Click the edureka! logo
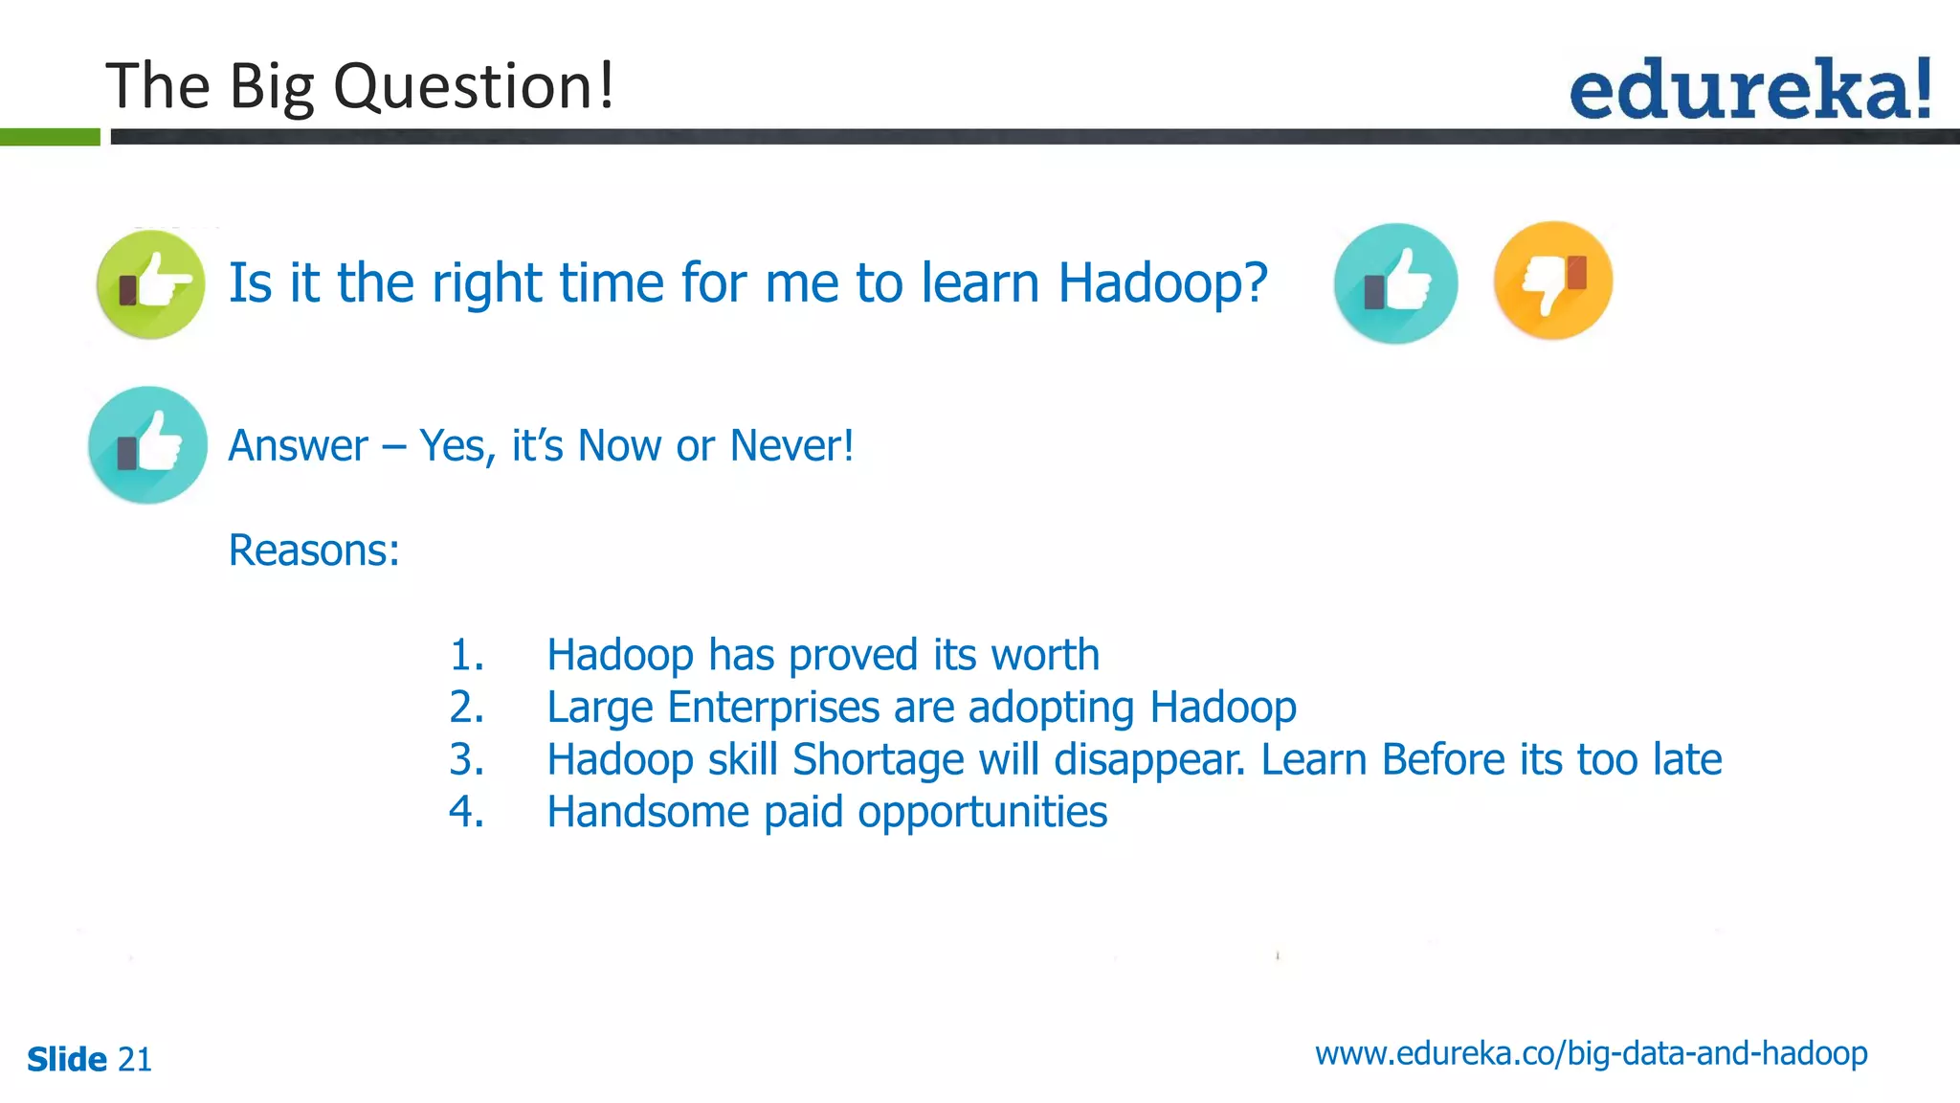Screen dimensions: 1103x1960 click(1749, 90)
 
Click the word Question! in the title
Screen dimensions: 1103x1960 click(473, 87)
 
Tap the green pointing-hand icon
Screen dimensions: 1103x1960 click(151, 284)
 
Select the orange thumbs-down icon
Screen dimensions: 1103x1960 click(1552, 281)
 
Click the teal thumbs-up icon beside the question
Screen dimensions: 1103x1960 click(1395, 283)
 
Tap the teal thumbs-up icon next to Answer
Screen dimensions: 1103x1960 click(148, 445)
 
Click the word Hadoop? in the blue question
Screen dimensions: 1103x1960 click(1162, 283)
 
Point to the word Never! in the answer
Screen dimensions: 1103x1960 click(791, 445)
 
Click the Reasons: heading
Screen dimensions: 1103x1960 click(314, 551)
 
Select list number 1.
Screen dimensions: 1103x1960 click(466, 656)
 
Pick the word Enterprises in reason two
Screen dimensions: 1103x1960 click(773, 709)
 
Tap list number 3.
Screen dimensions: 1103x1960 click(466, 760)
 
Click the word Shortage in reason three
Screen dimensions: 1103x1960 click(879, 760)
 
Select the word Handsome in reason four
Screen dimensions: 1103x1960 click(648, 813)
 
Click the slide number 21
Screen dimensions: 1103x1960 click(134, 1060)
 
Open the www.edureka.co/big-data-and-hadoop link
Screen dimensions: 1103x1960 click(1591, 1053)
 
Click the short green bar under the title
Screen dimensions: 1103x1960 click(50, 137)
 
